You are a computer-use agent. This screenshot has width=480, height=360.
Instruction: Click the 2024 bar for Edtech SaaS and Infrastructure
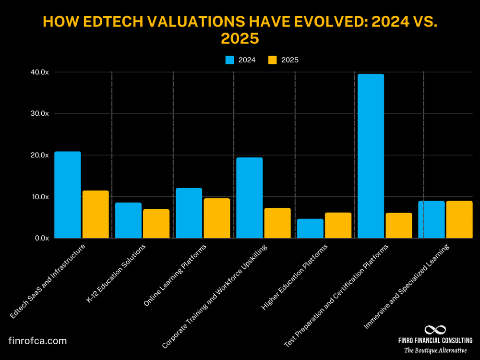(x=67, y=195)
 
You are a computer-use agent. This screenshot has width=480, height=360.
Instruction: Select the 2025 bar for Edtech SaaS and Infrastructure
(x=95, y=214)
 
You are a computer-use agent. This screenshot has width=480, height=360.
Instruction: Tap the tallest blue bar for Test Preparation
(x=371, y=156)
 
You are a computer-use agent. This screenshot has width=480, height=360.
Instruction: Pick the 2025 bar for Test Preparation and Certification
(x=399, y=226)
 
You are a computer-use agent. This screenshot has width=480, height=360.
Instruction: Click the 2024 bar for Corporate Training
(x=249, y=198)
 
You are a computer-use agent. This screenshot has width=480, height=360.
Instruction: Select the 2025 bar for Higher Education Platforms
(x=338, y=226)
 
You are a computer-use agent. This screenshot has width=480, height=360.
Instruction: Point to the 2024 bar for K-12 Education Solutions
(x=128, y=220)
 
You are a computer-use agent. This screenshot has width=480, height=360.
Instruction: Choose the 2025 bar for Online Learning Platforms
(x=216, y=218)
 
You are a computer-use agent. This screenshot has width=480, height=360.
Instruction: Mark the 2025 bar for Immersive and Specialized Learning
(x=459, y=219)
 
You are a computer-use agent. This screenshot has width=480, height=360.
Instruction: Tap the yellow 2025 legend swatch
(x=272, y=60)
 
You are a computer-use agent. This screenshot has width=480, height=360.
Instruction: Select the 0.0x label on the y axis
(x=40, y=238)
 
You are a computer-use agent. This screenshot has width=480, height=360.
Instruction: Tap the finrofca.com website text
(x=37, y=341)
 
